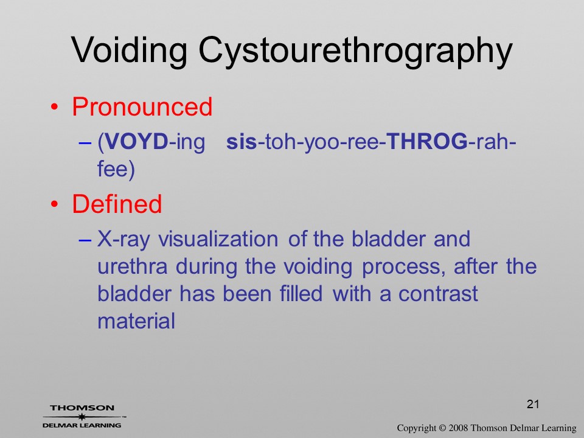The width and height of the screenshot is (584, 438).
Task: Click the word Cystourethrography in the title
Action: tap(356, 52)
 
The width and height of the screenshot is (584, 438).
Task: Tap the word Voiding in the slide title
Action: tap(129, 49)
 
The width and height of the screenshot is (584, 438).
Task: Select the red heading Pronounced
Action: tap(142, 107)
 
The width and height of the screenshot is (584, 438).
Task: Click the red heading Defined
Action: tap(117, 204)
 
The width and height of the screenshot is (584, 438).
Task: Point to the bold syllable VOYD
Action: tap(137, 142)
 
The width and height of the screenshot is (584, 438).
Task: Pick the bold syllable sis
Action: tap(242, 142)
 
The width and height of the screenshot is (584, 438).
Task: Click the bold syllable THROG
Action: tap(427, 142)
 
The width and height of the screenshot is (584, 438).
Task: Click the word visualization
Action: tap(218, 238)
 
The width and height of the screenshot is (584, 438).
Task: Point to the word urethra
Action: tap(133, 266)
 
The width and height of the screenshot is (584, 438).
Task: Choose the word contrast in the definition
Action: tap(438, 294)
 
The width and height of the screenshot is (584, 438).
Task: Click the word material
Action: tap(136, 321)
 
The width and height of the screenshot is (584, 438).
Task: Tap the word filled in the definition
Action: tap(301, 293)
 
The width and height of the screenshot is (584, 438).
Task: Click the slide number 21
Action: tap(533, 404)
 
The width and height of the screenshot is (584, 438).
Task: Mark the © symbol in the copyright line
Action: tap(442, 428)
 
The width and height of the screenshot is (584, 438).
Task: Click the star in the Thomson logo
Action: tap(82, 417)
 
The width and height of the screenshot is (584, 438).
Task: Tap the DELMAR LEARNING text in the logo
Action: tap(82, 425)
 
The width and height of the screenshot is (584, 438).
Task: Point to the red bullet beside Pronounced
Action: tap(54, 107)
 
